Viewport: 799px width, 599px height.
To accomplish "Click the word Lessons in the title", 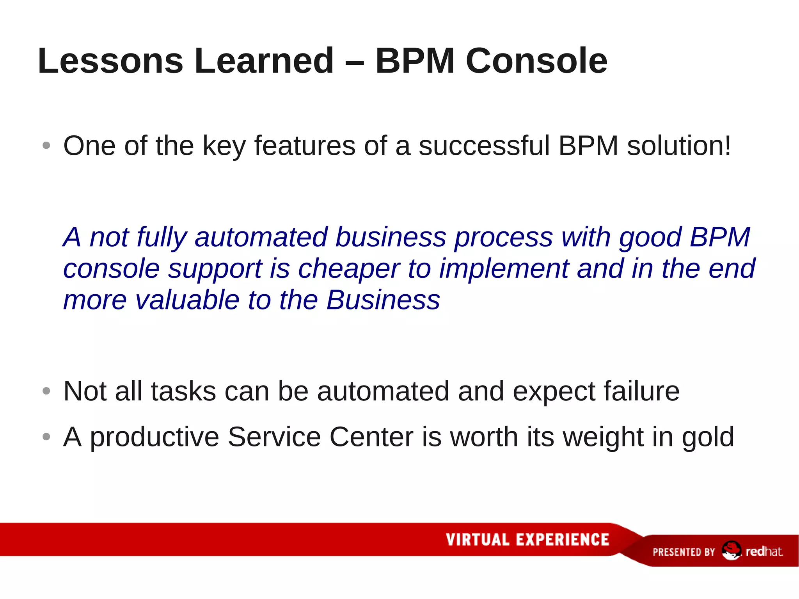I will [110, 61].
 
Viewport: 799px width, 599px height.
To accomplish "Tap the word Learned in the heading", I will [264, 61].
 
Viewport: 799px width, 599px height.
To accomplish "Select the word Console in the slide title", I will [536, 61].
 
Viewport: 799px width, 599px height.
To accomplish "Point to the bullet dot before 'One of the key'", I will [46, 146].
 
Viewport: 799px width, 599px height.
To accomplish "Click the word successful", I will [484, 146].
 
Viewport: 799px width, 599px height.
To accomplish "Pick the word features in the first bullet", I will [305, 146].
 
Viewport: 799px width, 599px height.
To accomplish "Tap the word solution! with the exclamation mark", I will [679, 146].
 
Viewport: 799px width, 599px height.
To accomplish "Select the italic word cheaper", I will [349, 269].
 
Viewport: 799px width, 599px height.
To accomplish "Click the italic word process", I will [504, 238].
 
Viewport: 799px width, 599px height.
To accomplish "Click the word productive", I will [154, 437].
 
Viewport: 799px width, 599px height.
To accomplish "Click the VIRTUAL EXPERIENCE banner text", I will [527, 539].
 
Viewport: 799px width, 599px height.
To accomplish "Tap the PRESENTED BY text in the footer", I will [684, 552].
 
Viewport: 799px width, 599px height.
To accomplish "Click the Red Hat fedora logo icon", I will [731, 550].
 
